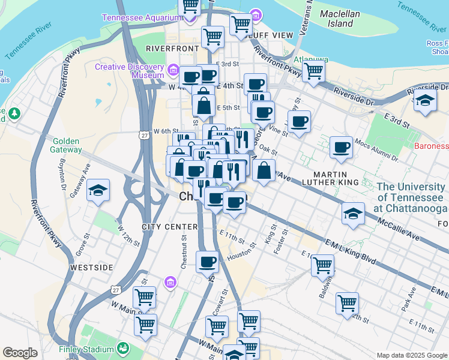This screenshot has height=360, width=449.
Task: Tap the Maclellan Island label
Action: (x=340, y=19)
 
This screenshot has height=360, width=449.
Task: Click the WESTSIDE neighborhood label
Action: (x=91, y=266)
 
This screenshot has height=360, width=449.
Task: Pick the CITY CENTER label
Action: (x=170, y=227)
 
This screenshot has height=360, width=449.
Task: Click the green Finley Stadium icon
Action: (x=123, y=348)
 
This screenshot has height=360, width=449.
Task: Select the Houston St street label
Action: (x=238, y=253)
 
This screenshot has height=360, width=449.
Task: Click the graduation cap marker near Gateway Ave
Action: (x=98, y=191)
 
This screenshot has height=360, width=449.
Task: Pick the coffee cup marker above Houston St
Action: (x=208, y=262)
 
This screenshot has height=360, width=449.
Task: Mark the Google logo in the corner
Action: (x=20, y=352)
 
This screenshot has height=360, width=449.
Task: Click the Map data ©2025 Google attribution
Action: (x=411, y=355)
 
